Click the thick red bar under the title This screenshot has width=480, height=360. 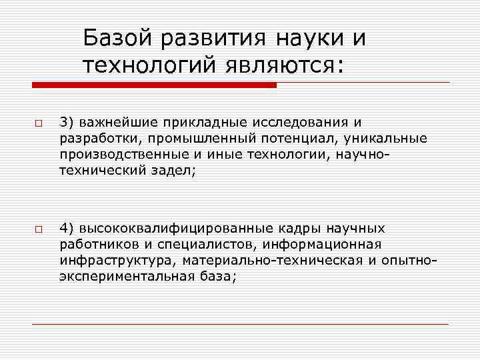point(153,85)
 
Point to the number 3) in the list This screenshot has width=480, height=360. point(67,122)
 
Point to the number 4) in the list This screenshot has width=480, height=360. point(67,227)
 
